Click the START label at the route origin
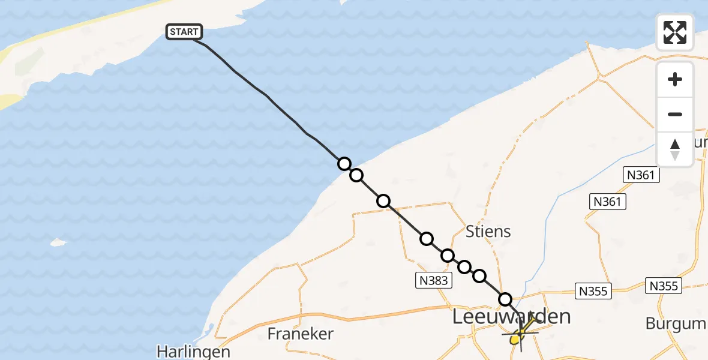(184, 32)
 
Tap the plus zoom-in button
(675, 79)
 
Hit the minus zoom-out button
(675, 114)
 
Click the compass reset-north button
(675, 149)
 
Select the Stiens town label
(488, 231)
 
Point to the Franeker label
(301, 333)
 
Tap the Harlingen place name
(194, 351)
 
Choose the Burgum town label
(676, 323)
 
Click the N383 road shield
(433, 279)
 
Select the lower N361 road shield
(607, 202)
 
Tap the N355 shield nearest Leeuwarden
(593, 292)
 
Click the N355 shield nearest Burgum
(664, 286)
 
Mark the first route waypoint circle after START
(344, 164)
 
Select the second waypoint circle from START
(356, 175)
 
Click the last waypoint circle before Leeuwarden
(505, 299)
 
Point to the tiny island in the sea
(58, 242)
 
